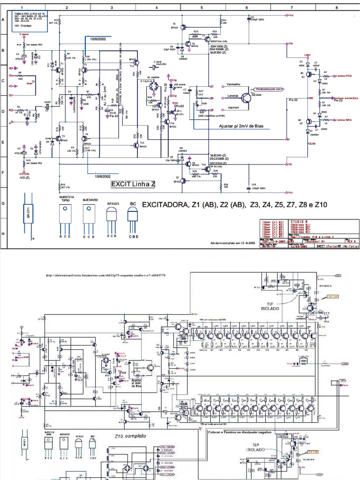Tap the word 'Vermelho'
coord(233,84)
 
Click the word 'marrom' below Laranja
coord(233,107)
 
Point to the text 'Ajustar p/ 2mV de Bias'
coord(244,126)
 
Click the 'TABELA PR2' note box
coord(31,21)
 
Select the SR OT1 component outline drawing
coord(28,215)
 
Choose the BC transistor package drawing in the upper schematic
coord(134,218)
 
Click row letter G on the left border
coord(3,203)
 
